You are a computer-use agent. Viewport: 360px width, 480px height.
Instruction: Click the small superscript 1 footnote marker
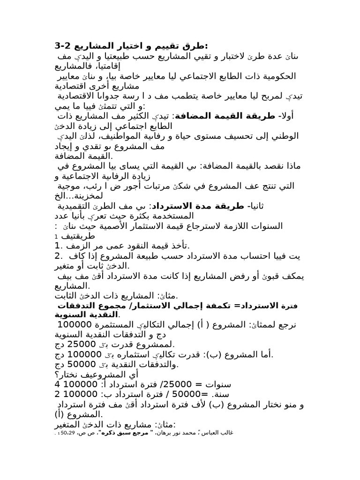click(x=56, y=236)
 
